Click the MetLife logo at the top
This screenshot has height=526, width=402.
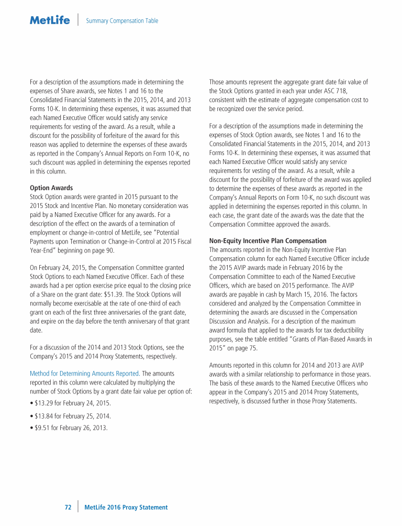point(50,20)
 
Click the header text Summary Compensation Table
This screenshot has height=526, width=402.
point(121,21)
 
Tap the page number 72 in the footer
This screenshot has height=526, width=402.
point(68,507)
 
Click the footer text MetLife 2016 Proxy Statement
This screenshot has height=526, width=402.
point(126,507)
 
